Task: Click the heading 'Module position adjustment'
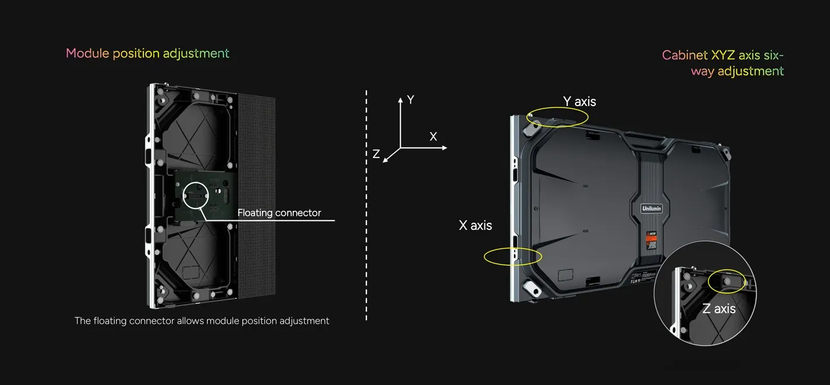(x=147, y=53)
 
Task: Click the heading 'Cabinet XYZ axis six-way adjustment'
(x=723, y=63)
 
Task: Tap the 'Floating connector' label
(x=279, y=213)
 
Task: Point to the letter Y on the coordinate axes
(x=410, y=100)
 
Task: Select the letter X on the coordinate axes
(x=433, y=136)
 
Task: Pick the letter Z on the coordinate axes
(x=376, y=154)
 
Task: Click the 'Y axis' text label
(x=579, y=101)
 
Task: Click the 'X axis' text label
(x=475, y=225)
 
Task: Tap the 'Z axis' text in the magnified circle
(x=719, y=309)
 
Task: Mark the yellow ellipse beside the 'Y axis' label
(x=560, y=117)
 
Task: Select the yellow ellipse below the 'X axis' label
(x=513, y=256)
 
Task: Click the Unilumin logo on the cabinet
(x=651, y=208)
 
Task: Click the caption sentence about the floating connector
(x=202, y=321)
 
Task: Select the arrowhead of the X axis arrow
(x=444, y=147)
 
